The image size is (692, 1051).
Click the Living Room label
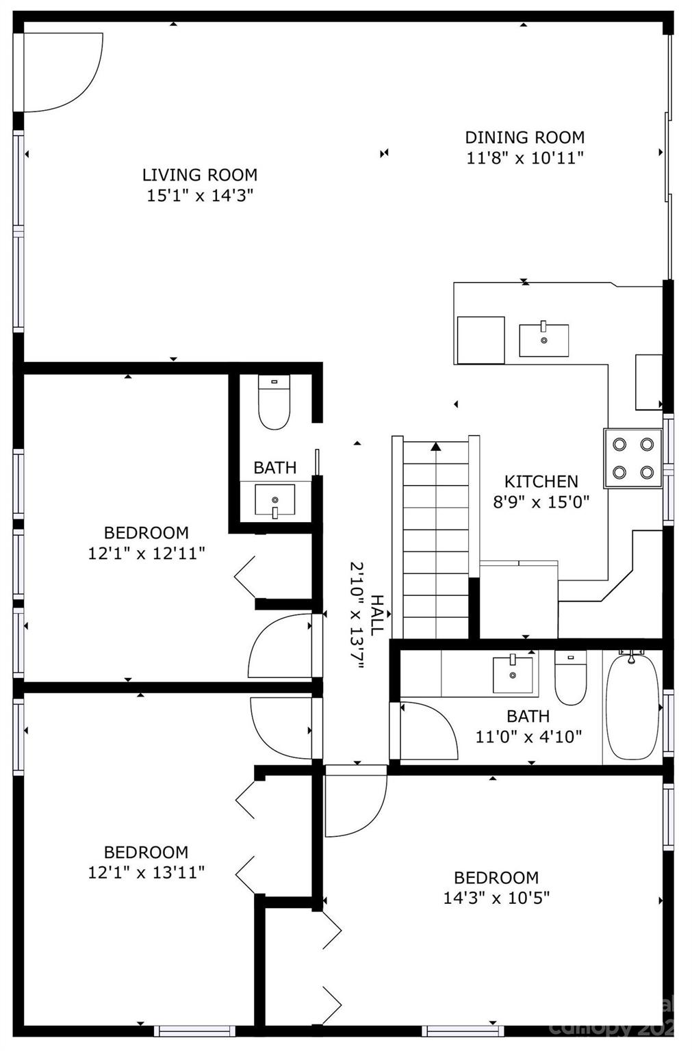point(199,174)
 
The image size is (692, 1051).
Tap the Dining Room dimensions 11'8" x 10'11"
point(524,158)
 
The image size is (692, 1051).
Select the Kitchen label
point(541,481)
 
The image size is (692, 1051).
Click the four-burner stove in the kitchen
point(632,458)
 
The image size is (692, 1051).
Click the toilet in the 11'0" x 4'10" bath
point(570,679)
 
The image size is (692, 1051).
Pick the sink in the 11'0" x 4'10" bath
point(513,673)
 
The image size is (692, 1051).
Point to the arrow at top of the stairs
point(435,447)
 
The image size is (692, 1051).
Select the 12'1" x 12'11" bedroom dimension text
point(146,553)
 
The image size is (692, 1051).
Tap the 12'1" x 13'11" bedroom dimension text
point(146,872)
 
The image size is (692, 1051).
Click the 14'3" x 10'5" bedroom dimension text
point(496,898)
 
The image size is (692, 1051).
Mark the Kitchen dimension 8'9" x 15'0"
point(541,502)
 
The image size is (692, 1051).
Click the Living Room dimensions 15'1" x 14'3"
point(199,196)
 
